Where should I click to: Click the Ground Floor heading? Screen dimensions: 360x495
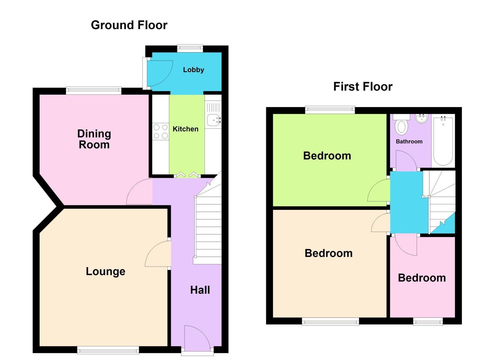pyautogui.click(x=129, y=25)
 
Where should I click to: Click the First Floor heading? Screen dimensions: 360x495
pyautogui.click(x=363, y=87)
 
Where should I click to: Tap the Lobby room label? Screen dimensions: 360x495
pyautogui.click(x=193, y=70)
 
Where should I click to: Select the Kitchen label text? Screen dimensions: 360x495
pyautogui.click(x=185, y=129)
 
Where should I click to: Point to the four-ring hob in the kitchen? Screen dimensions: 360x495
pyautogui.click(x=161, y=132)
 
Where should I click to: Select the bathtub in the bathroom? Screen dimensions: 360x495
pyautogui.click(x=443, y=141)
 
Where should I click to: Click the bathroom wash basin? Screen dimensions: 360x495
pyautogui.click(x=421, y=118)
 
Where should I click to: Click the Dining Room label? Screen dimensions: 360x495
pyautogui.click(x=94, y=139)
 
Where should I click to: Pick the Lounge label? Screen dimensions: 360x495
pyautogui.click(x=106, y=271)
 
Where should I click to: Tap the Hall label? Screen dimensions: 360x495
pyautogui.click(x=200, y=290)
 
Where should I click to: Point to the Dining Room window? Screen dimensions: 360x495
pyautogui.click(x=93, y=90)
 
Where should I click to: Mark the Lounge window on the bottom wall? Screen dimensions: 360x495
pyautogui.click(x=108, y=350)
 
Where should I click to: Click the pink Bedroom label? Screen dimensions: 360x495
pyautogui.click(x=422, y=278)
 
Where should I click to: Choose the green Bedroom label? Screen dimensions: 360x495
pyautogui.click(x=327, y=156)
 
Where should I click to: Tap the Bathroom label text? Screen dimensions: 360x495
pyautogui.click(x=409, y=141)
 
